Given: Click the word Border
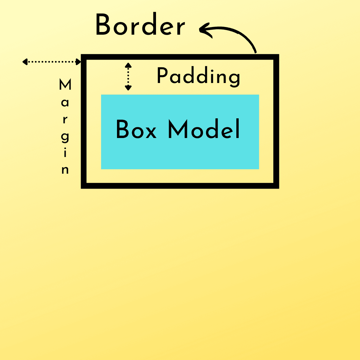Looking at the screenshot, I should [x=140, y=26].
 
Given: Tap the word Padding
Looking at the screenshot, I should [x=198, y=77].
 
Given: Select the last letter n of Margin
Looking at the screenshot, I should [x=65, y=170].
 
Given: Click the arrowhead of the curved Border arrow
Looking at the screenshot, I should [x=203, y=29].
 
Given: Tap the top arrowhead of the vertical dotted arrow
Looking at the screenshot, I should [x=128, y=65].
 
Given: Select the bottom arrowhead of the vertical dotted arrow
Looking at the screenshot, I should [x=128, y=88].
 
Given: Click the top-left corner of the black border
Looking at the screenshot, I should [x=84, y=57].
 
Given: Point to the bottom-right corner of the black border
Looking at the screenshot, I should [x=276, y=186].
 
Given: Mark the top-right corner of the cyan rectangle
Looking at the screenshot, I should [x=259, y=95].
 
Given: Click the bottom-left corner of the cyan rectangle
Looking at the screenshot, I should [x=101, y=169].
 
